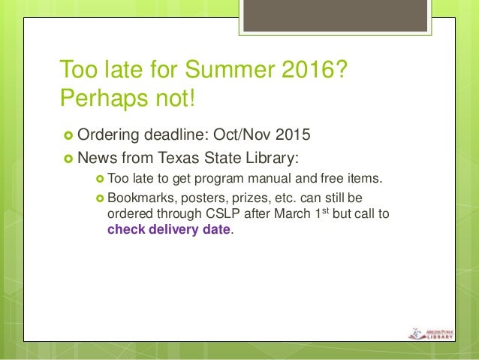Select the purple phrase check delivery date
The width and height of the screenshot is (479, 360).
tap(170, 229)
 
